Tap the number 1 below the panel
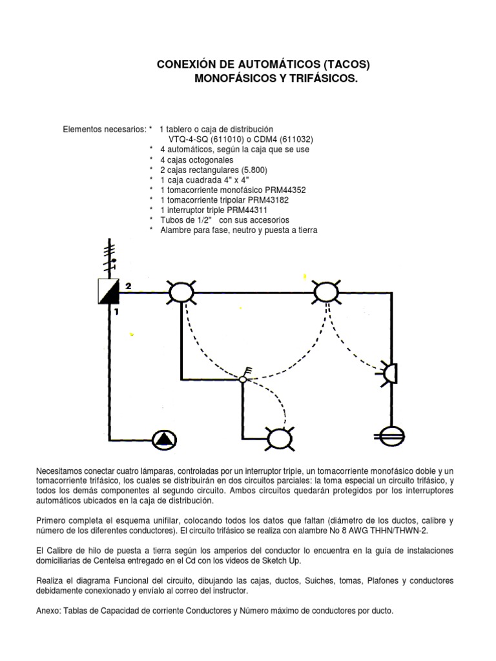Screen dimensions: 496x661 click(117, 312)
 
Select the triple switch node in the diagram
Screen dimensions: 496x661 click(243, 379)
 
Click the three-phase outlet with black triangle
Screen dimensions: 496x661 click(164, 440)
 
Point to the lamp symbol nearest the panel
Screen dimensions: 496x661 click(181, 293)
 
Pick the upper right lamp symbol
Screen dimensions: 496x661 click(326, 293)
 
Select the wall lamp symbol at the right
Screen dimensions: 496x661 click(389, 372)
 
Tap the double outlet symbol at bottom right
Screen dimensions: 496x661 click(391, 436)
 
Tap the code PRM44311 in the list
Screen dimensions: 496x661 click(263, 210)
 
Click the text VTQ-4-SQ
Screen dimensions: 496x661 click(189, 139)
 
